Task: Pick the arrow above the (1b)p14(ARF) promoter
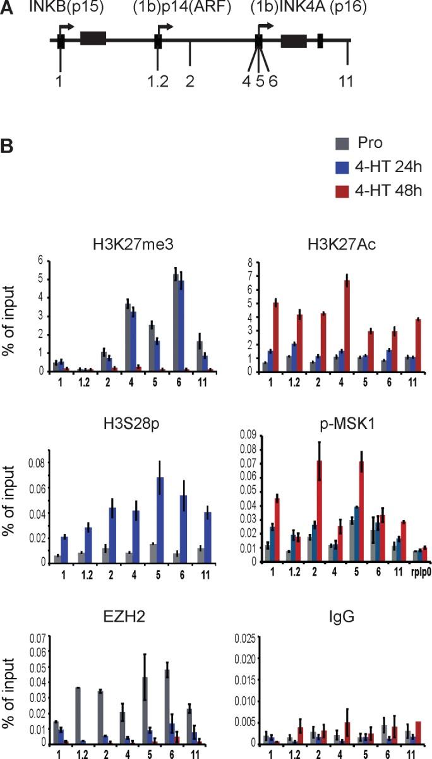point(165,27)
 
